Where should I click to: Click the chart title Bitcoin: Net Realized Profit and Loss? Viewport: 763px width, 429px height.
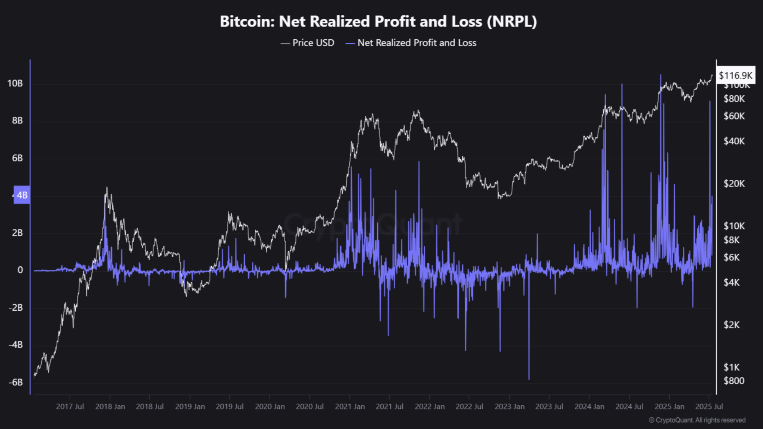(x=378, y=21)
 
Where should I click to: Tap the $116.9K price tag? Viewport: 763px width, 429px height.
(x=735, y=75)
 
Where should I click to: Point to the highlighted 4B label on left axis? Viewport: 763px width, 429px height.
(x=22, y=195)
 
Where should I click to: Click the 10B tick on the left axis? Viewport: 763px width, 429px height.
(x=15, y=83)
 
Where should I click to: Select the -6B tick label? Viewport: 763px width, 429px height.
(x=15, y=382)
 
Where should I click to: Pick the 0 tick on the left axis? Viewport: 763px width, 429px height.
(x=20, y=270)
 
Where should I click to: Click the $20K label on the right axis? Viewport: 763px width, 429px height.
(x=734, y=184)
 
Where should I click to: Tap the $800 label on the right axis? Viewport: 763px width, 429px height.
(x=734, y=381)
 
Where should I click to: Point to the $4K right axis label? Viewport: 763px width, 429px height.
(x=732, y=283)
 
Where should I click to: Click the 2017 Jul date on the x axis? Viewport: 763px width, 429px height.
(x=70, y=406)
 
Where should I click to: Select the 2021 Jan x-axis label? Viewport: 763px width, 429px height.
(x=350, y=406)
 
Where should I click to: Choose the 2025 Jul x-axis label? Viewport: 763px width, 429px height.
(x=709, y=406)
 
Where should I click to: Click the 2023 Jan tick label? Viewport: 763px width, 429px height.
(x=509, y=406)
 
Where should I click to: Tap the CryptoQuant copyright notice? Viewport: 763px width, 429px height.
(x=697, y=420)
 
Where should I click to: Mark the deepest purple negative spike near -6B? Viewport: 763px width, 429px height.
(x=529, y=378)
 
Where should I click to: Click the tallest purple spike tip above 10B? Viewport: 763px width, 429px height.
(x=661, y=76)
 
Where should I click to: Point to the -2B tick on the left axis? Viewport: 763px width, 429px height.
(x=15, y=307)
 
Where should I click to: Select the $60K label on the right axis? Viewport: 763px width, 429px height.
(x=734, y=116)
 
